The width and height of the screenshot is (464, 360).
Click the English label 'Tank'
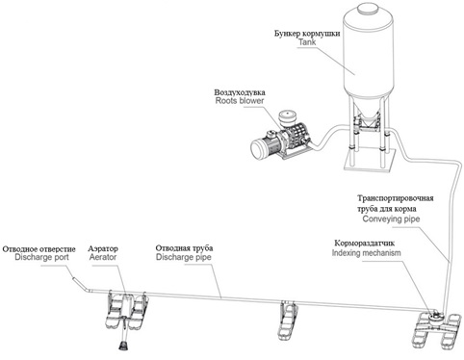coord(307,42)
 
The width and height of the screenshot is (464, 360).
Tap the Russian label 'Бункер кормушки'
coord(307,34)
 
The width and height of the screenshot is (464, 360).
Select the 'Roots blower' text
coord(240,101)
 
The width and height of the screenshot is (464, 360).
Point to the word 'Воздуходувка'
coord(240,92)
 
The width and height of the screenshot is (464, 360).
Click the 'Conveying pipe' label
coord(391,219)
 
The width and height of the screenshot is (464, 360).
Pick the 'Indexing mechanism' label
coord(367,253)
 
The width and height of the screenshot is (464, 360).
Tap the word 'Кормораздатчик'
coord(365,243)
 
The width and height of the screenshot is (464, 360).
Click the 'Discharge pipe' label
coord(184,257)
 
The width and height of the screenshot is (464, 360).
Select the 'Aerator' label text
coord(103,257)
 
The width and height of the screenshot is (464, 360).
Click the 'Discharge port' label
coord(41,257)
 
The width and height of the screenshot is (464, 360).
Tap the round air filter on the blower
coord(288,117)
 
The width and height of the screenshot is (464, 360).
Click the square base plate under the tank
coord(369,163)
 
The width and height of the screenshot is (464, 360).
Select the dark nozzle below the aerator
coord(123,347)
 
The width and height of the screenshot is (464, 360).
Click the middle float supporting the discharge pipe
coord(287,320)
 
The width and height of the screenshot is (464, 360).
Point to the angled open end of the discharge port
coord(72,278)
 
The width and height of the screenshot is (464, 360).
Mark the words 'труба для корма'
coord(387,209)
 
